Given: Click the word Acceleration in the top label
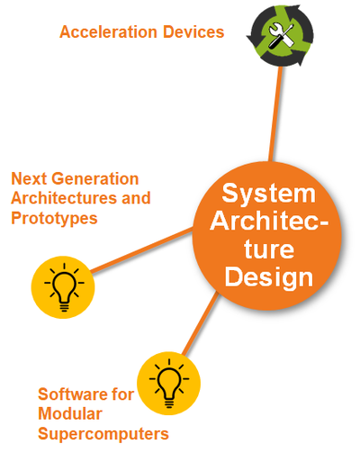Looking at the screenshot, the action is (108, 32).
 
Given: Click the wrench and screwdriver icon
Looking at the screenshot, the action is (280, 35).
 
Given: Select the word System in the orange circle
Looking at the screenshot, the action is (269, 195).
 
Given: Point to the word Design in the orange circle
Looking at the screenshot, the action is (269, 278).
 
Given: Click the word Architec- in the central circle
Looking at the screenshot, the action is (269, 221).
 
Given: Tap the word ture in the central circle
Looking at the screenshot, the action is (269, 249).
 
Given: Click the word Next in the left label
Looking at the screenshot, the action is (29, 178).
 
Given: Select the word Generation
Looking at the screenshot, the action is (95, 178).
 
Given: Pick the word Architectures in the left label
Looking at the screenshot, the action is (64, 198).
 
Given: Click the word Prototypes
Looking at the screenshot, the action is (54, 218).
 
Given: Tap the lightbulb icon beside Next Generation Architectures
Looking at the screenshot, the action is (63, 287).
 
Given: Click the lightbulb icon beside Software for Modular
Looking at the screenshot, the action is (169, 384).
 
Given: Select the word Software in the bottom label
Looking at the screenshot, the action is (72, 394).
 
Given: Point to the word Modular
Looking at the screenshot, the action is (70, 414).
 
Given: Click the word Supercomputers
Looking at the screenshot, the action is (103, 434).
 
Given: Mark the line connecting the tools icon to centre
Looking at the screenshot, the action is (275, 113).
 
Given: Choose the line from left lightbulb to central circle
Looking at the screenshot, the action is (141, 250).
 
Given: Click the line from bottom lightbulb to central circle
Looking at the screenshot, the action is (201, 323).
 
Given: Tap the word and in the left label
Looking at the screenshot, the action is (136, 198).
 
